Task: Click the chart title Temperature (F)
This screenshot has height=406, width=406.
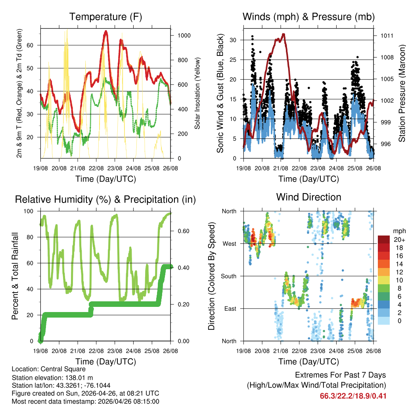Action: click(x=105, y=17)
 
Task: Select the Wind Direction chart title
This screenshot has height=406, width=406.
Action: click(x=308, y=197)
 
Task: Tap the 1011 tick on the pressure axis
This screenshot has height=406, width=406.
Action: click(x=387, y=36)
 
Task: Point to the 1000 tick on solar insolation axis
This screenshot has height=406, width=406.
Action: click(x=184, y=36)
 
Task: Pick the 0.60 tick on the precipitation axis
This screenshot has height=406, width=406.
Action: click(x=181, y=231)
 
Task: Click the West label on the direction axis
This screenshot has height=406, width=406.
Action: click(x=229, y=243)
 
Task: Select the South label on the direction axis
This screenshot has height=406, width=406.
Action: click(x=228, y=276)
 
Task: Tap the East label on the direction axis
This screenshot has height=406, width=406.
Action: click(x=230, y=308)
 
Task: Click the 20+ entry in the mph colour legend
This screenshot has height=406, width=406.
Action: click(x=395, y=239)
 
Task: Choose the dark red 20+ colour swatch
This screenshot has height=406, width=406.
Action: click(x=383, y=239)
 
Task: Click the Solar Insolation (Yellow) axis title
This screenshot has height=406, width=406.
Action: click(x=197, y=93)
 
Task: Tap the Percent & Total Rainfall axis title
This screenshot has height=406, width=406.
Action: click(x=15, y=276)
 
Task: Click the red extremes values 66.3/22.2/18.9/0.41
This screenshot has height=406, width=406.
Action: click(x=353, y=396)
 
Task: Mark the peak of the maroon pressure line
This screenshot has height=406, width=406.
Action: click(x=283, y=34)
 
